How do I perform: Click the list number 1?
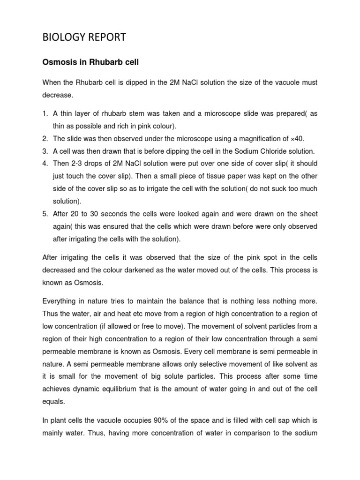pyautogui.click(x=45, y=114)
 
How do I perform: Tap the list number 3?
pyautogui.click(x=45, y=151)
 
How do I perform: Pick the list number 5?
pyautogui.click(x=45, y=214)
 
